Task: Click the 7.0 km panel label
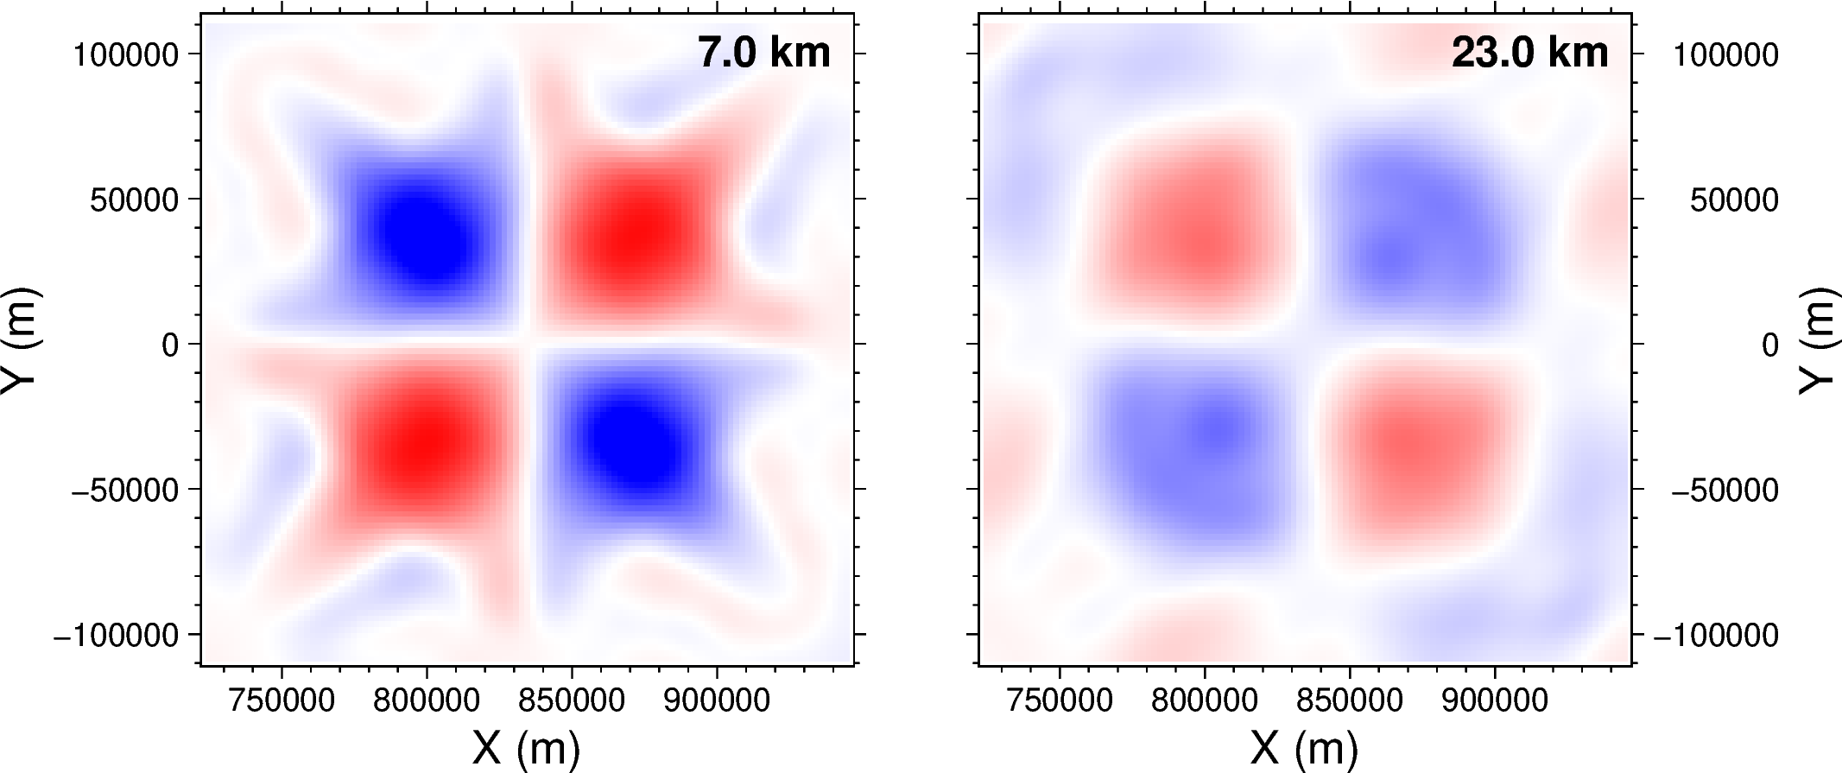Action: pyautogui.click(x=763, y=54)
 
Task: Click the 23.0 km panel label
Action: pyautogui.click(x=1529, y=54)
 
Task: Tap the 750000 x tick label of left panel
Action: pyautogui.click(x=282, y=700)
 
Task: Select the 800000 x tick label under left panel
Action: pyautogui.click(x=427, y=700)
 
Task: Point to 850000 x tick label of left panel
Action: pyautogui.click(x=572, y=700)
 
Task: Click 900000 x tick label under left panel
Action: pyautogui.click(x=717, y=700)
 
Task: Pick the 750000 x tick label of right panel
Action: pyautogui.click(x=1060, y=700)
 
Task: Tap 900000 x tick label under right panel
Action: pyautogui.click(x=1495, y=700)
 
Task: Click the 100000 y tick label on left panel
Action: pyautogui.click(x=126, y=55)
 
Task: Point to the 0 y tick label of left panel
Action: pyautogui.click(x=169, y=345)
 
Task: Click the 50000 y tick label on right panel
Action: pyautogui.click(x=1734, y=200)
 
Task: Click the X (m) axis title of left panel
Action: pyautogui.click(x=526, y=748)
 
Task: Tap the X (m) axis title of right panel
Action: pyautogui.click(x=1304, y=748)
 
